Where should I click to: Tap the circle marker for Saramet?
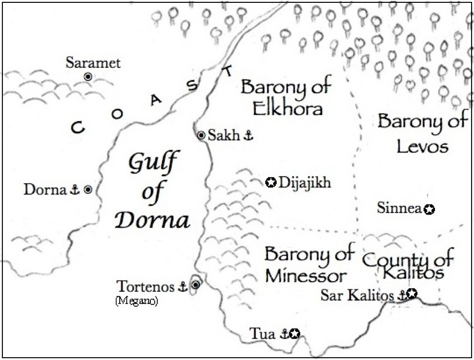(88, 76)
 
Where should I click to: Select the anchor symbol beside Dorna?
(74, 190)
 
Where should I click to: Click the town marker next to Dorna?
(88, 190)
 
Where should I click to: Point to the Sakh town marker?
(201, 136)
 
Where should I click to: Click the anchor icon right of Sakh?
(248, 136)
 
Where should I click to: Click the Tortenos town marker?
(195, 285)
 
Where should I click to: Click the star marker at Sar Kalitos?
(412, 294)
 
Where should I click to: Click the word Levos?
(422, 147)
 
